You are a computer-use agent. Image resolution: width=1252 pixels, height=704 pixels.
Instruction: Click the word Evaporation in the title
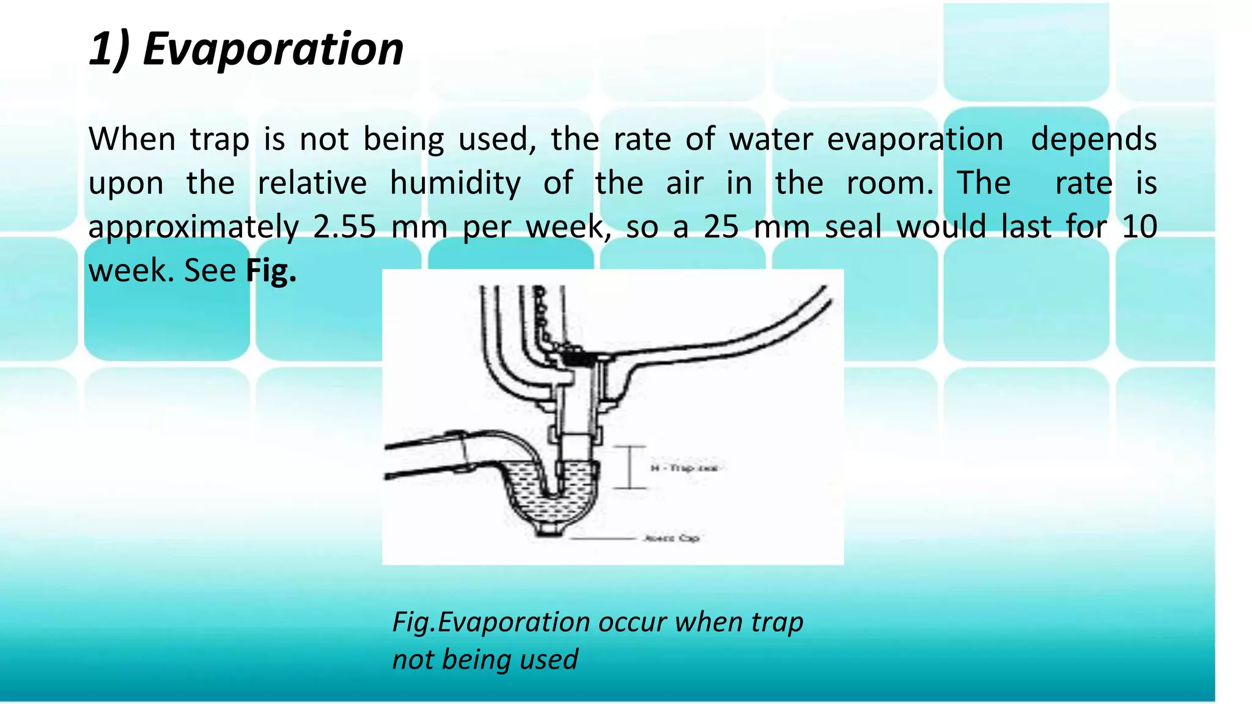(273, 49)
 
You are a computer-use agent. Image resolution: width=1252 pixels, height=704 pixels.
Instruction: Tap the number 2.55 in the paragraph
(344, 227)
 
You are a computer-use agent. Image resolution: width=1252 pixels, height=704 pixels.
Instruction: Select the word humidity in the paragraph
(455, 183)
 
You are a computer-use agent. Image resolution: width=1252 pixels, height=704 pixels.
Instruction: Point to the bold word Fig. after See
(271, 271)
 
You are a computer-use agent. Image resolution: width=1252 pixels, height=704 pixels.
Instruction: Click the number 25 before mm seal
(721, 227)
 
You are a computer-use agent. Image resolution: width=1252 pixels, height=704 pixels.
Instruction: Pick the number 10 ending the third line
(1140, 227)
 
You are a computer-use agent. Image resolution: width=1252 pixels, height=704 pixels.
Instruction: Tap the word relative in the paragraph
(312, 183)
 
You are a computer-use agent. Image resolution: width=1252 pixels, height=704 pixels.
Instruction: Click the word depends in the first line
(1093, 139)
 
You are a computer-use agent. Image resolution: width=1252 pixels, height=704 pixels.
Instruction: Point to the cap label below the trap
(671, 538)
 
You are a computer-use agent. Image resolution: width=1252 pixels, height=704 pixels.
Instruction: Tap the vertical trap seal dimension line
(630, 468)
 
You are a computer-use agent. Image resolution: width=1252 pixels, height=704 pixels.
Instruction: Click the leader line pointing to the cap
(602, 538)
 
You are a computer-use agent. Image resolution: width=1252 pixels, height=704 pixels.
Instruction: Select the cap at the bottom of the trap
(548, 529)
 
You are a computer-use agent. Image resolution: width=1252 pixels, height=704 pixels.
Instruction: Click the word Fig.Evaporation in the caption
(491, 622)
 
